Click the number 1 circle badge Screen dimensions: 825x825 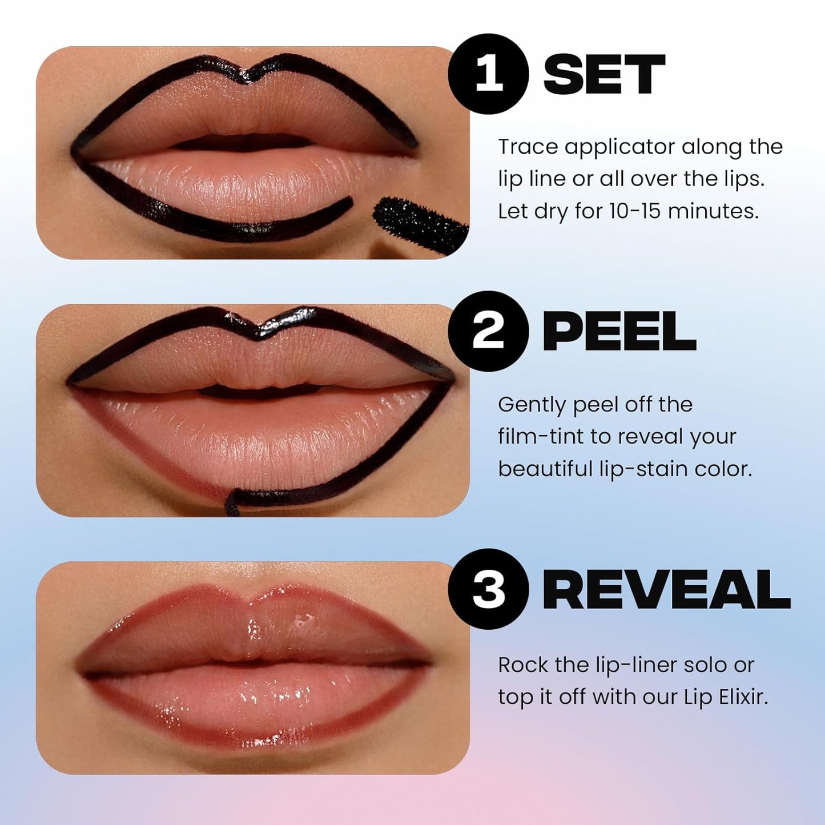[489, 74]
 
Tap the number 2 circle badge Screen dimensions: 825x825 [489, 332]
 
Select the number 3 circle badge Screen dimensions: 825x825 [489, 589]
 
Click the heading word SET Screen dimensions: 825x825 [604, 75]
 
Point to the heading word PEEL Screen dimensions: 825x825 [619, 332]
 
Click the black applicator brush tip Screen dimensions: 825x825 [419, 221]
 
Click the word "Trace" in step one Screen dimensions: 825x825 [528, 147]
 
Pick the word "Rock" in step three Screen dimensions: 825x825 [521, 665]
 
